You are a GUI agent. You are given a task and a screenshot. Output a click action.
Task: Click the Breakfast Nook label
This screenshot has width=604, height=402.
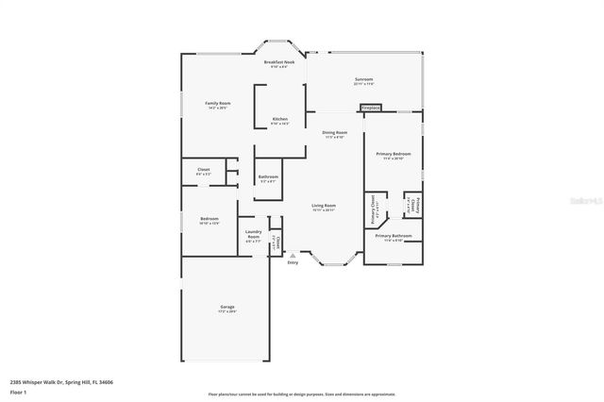coord(279,62)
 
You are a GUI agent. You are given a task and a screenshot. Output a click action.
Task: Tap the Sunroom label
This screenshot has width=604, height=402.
coord(363,79)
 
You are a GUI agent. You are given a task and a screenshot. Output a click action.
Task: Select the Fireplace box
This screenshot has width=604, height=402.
coord(371,108)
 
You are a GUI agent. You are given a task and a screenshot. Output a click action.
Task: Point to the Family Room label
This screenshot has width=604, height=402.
coord(218,103)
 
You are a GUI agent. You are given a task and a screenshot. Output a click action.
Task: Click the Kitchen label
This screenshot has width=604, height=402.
coord(280,119)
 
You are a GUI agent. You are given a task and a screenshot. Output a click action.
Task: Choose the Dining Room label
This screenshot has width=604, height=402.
coord(335,133)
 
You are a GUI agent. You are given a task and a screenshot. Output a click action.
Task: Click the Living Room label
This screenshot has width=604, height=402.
coord(324,205)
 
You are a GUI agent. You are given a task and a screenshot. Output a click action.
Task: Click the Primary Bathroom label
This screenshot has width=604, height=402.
coord(393,236)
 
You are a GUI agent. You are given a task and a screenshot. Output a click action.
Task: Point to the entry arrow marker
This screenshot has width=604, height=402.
coord(292,254)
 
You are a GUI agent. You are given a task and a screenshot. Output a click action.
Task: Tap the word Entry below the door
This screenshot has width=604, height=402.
coord(292,262)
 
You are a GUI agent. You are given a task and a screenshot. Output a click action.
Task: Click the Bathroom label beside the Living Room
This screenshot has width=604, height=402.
coord(268,176)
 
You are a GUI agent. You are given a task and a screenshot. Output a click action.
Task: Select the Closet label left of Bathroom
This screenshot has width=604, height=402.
coord(203,172)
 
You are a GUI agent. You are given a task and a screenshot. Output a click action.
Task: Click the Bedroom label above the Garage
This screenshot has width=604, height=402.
coord(209,219)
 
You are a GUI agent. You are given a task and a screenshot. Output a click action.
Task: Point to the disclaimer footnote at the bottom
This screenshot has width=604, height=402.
coord(302,393)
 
